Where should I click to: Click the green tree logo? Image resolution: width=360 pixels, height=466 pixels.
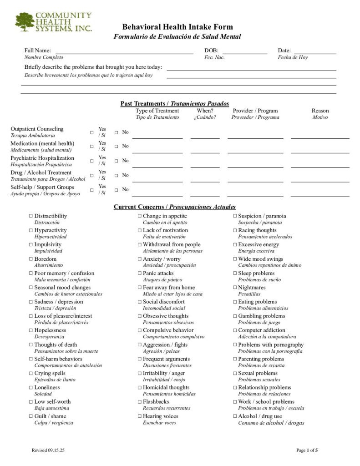[x=25, y=22]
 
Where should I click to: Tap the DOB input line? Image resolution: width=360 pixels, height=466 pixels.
[x=244, y=53]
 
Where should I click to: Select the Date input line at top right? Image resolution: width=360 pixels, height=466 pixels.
[x=314, y=53]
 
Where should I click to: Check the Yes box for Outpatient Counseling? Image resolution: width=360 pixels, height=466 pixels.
[x=92, y=132]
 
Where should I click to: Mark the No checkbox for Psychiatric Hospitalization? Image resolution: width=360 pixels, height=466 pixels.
[x=116, y=161]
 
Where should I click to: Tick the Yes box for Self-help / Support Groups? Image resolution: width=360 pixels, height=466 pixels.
[x=92, y=190]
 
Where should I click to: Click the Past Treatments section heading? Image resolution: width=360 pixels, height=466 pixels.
[x=175, y=104]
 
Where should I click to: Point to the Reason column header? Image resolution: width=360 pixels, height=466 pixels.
[x=320, y=111]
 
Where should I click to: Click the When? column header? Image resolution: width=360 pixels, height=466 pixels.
[x=205, y=111]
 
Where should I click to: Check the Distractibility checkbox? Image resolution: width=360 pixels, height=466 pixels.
[x=31, y=216]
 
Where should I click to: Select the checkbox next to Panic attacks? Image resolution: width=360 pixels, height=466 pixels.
[x=140, y=274]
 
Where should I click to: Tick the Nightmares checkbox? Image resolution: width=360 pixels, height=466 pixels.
[x=235, y=288]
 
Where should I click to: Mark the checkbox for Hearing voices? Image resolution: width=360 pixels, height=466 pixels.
[x=140, y=416]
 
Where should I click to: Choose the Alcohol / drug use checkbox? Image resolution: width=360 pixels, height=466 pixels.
[x=235, y=416]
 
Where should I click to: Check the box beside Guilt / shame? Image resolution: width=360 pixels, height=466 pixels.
[x=31, y=416]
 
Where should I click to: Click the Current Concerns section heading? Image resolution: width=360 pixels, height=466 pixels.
[x=175, y=207]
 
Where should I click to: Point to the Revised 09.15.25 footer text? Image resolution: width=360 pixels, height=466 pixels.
[x=48, y=450]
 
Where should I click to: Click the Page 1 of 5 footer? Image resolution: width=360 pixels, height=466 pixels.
[x=307, y=450]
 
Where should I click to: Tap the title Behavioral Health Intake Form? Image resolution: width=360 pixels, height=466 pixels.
[x=177, y=27]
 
